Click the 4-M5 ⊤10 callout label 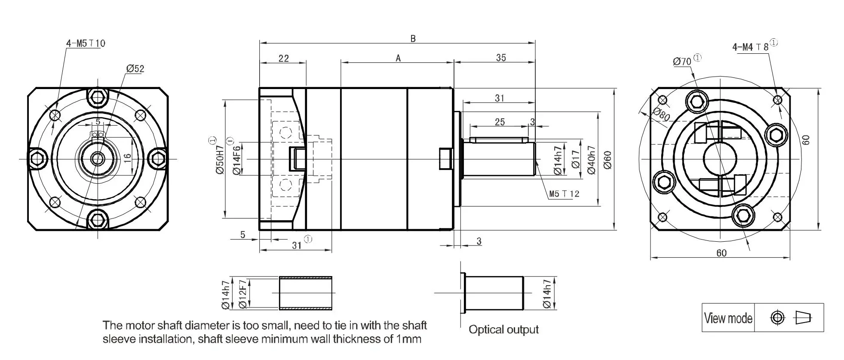tap(86, 43)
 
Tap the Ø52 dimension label tap(135, 69)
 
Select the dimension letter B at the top tap(413, 39)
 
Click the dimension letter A tap(398, 58)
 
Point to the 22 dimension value tap(284, 58)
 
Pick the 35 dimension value tap(501, 58)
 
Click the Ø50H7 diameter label tap(220, 159)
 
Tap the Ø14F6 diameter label tap(236, 160)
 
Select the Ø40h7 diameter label tap(591, 160)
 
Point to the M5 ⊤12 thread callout tap(564, 194)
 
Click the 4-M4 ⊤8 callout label tap(750, 47)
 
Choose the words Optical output tap(503, 330)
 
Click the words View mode tap(728, 318)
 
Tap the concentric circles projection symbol tap(777, 318)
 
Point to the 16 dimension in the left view tap(127, 158)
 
